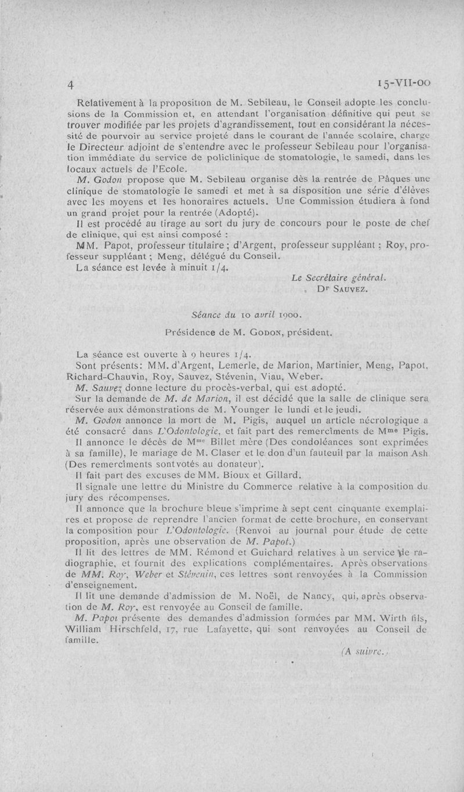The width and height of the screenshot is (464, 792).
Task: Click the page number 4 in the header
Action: coord(70,84)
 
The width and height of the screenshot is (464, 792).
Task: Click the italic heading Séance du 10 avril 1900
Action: coord(245,314)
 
